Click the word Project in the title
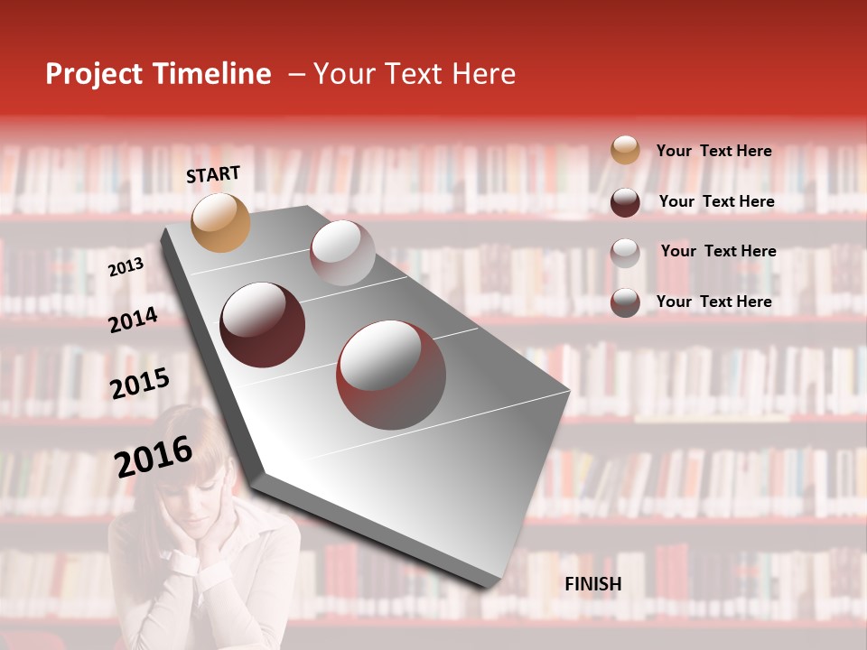coord(94,74)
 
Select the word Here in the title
coord(482,74)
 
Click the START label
coord(213,174)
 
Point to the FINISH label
coord(592,584)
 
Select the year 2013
coord(126,266)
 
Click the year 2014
coord(133,320)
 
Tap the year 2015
coord(140,384)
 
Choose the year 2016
coord(154,456)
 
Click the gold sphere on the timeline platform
coord(221,222)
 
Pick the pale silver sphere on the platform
coord(342,253)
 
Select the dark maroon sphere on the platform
coord(263,325)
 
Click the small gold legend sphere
coord(625,150)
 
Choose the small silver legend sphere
coord(625,252)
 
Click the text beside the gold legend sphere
coord(713,151)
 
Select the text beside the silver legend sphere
coord(718,251)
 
